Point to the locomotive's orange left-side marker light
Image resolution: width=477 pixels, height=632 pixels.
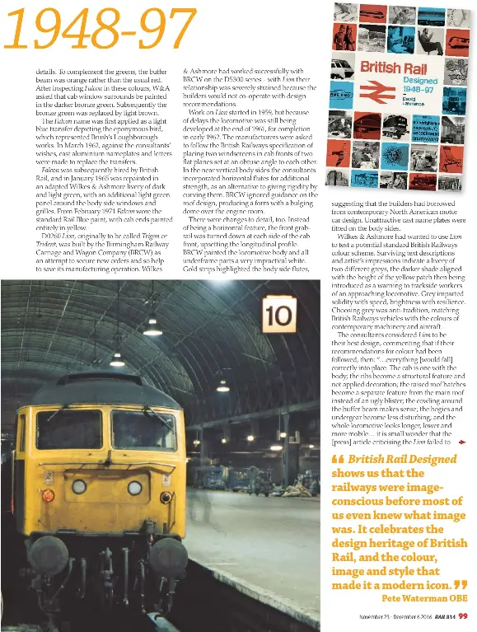coord(48,495)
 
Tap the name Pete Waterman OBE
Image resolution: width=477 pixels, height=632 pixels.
coord(423,597)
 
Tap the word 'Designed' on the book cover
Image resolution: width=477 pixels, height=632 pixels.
coord(419,82)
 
